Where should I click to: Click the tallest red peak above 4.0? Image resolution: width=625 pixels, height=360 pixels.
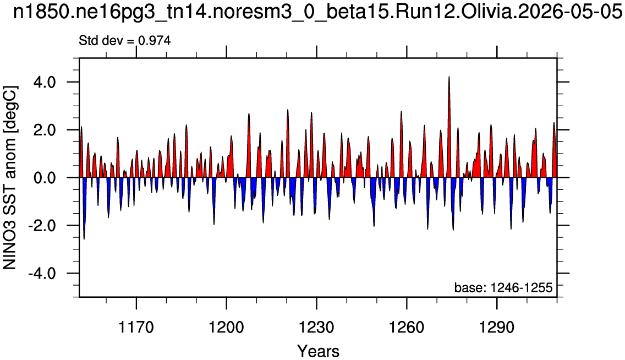[449, 77]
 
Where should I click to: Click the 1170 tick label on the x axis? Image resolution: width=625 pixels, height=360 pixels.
[136, 328]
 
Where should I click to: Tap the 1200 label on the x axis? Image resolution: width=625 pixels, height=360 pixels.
[227, 328]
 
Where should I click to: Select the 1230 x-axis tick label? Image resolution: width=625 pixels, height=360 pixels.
[316, 328]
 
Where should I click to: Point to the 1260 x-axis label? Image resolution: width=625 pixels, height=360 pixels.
[407, 328]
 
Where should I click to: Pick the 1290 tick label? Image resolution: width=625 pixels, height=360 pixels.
[497, 328]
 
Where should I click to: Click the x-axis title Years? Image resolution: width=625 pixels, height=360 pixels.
[318, 351]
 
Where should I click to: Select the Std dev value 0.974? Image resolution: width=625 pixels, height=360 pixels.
[154, 40]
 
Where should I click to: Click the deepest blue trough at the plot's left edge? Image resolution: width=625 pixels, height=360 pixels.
[84, 238]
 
